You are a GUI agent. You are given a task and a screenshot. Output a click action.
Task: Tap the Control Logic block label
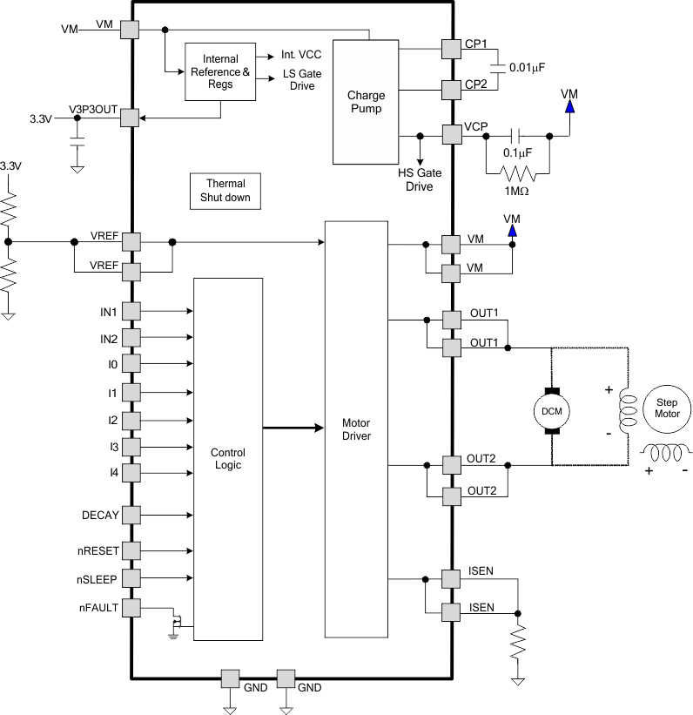pos(228,459)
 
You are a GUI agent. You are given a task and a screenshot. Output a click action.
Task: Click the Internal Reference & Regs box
pos(220,71)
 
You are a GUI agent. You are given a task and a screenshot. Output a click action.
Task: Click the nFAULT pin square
pos(131,607)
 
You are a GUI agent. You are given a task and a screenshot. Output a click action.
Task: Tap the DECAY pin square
pos(131,515)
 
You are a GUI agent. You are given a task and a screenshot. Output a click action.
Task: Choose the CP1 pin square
pos(451,49)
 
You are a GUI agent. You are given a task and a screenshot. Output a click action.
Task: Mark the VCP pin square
pos(451,135)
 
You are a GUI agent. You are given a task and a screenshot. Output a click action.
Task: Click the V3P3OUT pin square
pos(130,117)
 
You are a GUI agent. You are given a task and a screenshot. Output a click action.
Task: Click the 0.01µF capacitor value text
pos(533,67)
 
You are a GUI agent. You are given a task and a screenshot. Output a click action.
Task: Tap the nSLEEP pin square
pos(131,577)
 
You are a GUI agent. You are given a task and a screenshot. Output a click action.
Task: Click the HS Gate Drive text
pos(419,179)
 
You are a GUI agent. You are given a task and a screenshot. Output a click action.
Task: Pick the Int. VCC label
pos(302,54)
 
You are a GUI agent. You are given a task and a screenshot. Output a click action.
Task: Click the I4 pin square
pos(131,473)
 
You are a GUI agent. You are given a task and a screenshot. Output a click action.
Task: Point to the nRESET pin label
pos(98,550)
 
